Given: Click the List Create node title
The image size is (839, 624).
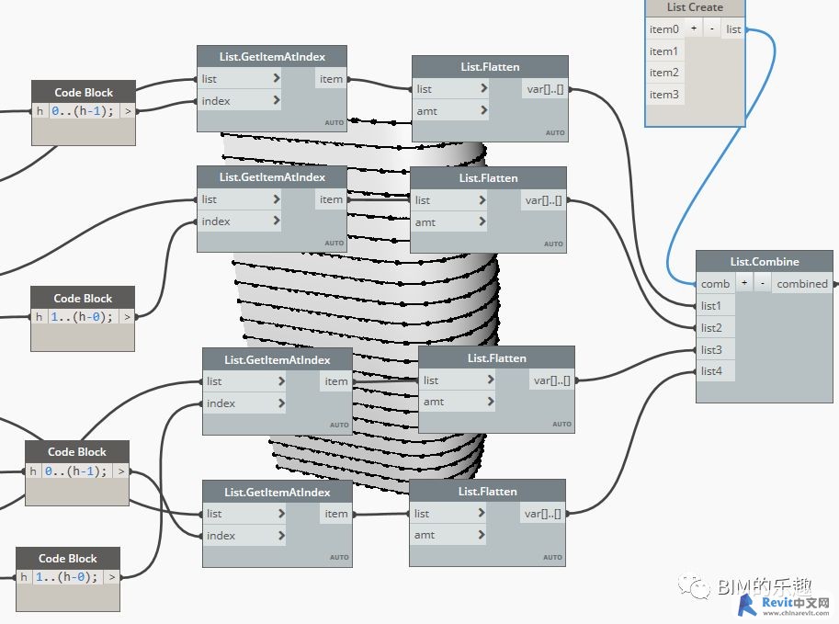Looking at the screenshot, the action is [x=695, y=7].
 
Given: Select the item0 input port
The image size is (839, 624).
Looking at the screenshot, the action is [x=664, y=28].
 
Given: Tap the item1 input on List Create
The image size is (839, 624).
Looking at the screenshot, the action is [x=664, y=51].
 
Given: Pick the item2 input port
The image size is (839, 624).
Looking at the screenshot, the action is [x=664, y=73].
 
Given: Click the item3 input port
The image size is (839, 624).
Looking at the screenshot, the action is [x=664, y=94].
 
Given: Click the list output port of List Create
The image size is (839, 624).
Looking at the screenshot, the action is [x=733, y=28].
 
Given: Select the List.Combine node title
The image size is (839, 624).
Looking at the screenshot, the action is [x=764, y=262].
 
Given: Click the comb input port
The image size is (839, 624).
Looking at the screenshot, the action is [x=715, y=284].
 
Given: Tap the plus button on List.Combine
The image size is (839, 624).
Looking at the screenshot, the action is [x=744, y=283].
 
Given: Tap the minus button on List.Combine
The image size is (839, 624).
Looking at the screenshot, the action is [x=763, y=283].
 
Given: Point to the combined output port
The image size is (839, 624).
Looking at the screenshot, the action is [x=802, y=284].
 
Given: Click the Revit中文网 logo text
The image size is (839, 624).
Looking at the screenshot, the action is [x=796, y=603].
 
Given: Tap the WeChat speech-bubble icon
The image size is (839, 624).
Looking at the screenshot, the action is [x=695, y=586].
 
